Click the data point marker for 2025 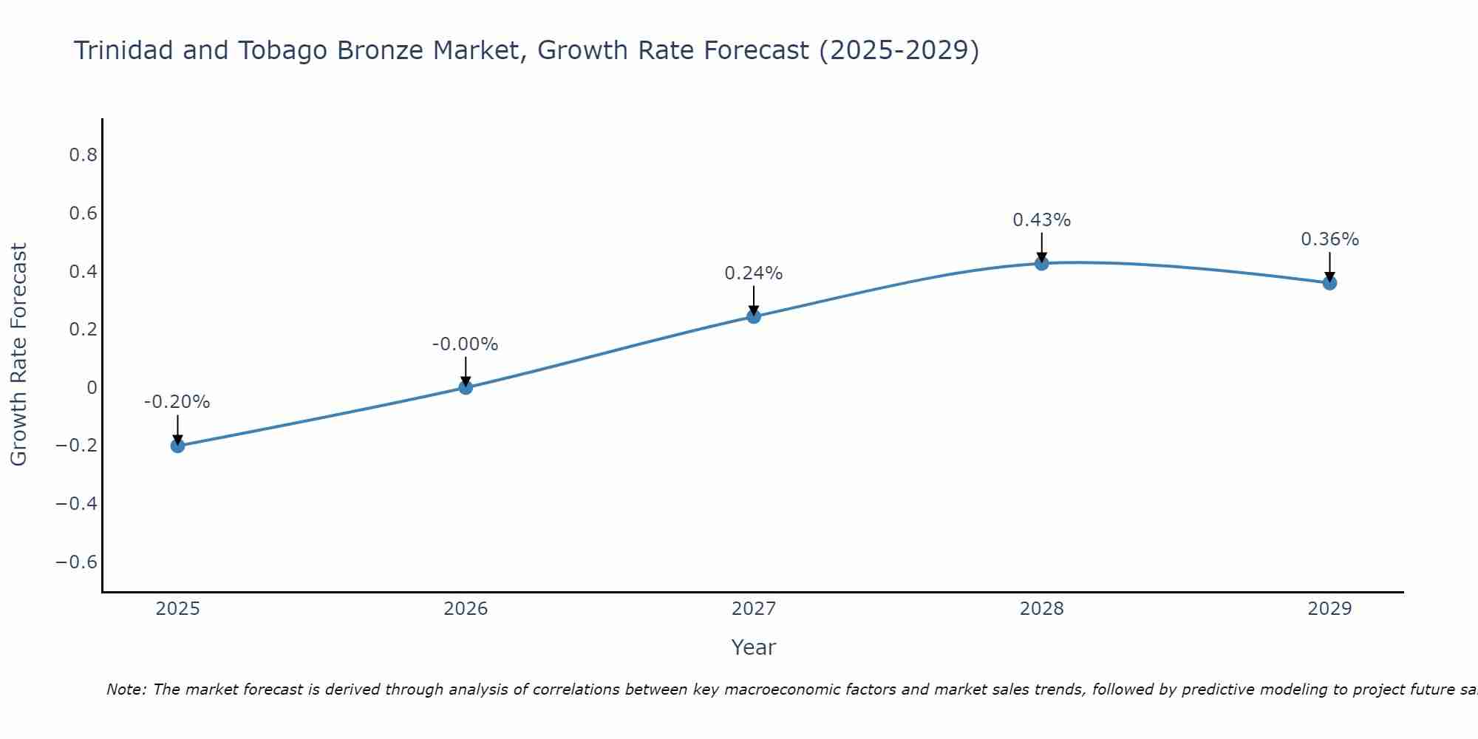coord(177,446)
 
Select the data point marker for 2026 coord(466,387)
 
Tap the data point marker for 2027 coord(754,316)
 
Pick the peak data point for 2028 coord(1042,263)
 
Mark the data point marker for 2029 coord(1329,283)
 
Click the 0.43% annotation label coord(1041,220)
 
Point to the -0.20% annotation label coord(177,403)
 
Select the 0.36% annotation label coord(1329,239)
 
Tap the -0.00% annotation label coord(465,344)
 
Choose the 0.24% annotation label coord(753,273)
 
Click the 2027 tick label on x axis coord(754,609)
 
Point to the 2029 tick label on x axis coord(1329,609)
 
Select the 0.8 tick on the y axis coord(83,155)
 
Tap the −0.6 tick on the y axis coord(77,562)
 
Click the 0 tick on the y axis coord(92,387)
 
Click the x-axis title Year coord(753,648)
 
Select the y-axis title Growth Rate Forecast coord(18,354)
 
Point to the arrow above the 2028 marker coord(1042,246)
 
